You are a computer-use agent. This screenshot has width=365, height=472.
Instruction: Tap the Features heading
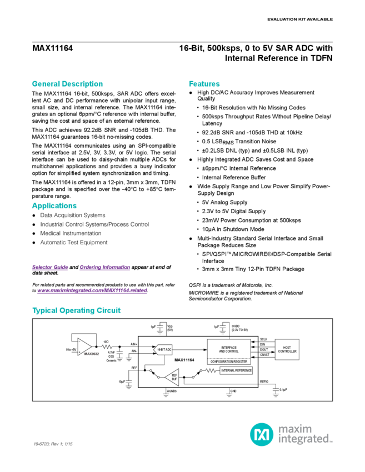click(x=205, y=83)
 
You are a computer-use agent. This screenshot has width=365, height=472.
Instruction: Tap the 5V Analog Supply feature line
click(x=224, y=203)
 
